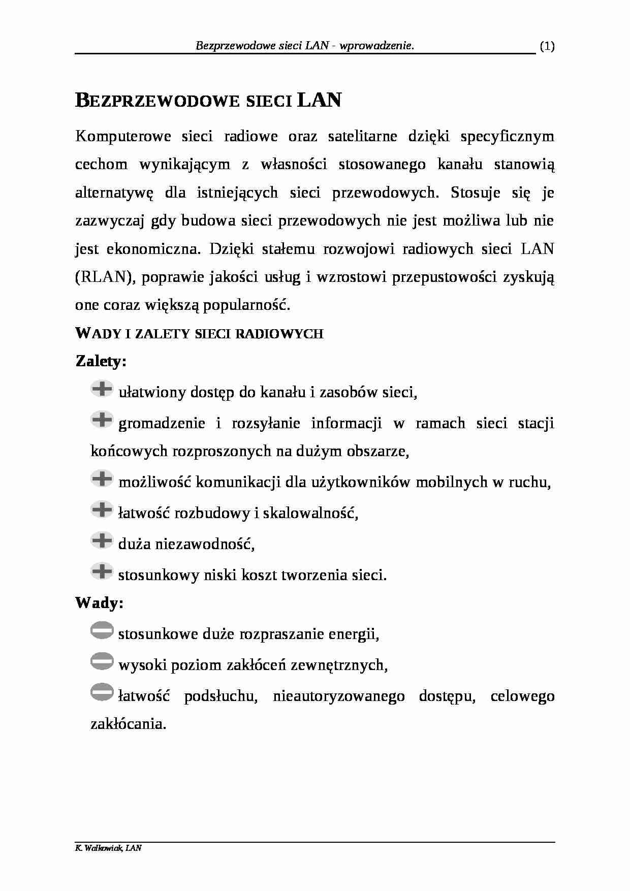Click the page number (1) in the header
(x=547, y=47)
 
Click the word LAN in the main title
(x=319, y=100)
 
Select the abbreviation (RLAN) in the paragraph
(x=105, y=277)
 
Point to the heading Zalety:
(x=101, y=361)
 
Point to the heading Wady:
(x=100, y=603)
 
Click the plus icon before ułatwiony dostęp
(x=102, y=389)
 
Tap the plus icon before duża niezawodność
(x=102, y=540)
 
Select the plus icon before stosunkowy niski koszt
(x=102, y=571)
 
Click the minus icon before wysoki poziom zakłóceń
(x=102, y=661)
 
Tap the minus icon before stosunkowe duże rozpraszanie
(x=102, y=630)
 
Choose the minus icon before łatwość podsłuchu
(x=102, y=692)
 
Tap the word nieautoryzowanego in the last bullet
(x=338, y=696)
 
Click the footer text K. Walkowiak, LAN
(x=108, y=848)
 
